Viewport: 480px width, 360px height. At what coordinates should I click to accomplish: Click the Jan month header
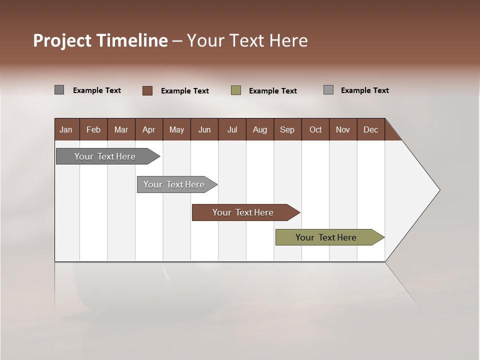(66, 129)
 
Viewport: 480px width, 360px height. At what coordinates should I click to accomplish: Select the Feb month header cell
(93, 129)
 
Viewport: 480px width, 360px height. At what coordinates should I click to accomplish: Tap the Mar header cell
(121, 129)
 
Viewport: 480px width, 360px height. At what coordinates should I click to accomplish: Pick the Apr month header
(149, 129)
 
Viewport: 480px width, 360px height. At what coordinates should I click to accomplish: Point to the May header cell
(176, 129)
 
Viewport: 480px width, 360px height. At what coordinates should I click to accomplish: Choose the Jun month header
(204, 129)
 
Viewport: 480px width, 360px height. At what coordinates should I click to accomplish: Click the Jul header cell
(232, 129)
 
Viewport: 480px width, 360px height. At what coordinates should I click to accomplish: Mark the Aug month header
(260, 129)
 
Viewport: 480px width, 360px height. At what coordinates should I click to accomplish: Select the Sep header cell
(287, 129)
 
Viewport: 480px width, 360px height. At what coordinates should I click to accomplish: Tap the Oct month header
(315, 129)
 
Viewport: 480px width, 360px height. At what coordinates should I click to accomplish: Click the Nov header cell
(343, 129)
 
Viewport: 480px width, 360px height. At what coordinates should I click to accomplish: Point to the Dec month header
(371, 129)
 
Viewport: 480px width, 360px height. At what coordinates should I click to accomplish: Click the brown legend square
(147, 90)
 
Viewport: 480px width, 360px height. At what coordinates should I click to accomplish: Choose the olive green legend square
(236, 90)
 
